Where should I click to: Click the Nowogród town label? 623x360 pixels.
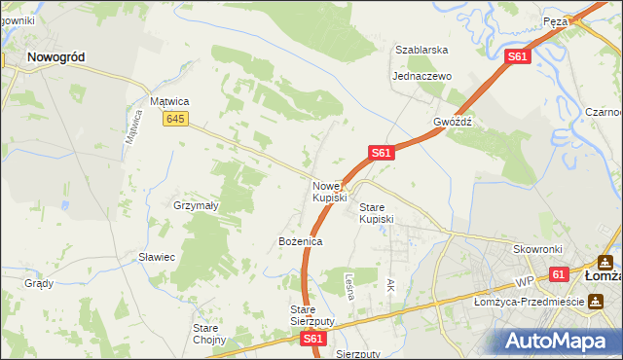(55, 57)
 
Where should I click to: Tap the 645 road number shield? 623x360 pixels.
(175, 119)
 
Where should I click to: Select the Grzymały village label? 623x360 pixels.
(196, 205)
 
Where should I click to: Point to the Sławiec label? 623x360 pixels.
(156, 257)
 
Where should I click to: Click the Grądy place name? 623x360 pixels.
(39, 284)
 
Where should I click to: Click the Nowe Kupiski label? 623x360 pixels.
(329, 192)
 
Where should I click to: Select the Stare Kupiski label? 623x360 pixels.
(376, 213)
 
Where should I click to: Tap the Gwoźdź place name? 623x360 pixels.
(453, 123)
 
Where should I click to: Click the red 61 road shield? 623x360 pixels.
(558, 275)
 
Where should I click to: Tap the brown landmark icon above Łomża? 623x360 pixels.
(605, 262)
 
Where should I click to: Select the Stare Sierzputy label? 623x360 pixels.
(312, 314)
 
